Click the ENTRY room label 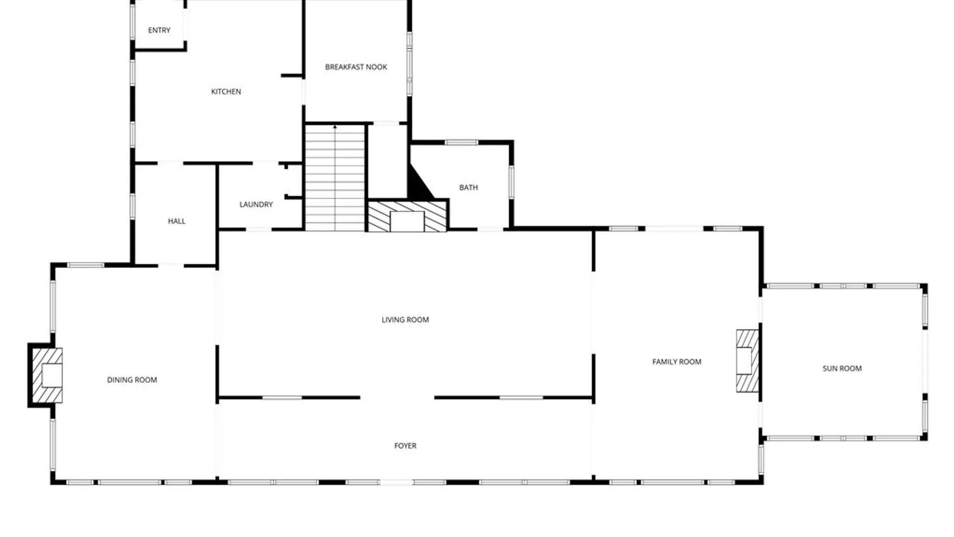coord(159,30)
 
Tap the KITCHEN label coord(226,91)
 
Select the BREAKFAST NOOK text coord(356,67)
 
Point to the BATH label coord(468,187)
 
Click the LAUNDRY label coord(256,204)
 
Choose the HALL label coord(176,221)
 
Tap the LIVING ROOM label coord(405,320)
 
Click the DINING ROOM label coord(132,380)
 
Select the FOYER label coord(405,446)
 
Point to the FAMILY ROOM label coord(676,362)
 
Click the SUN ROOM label coord(842,368)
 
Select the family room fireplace coord(747,360)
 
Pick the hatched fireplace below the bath coord(407,216)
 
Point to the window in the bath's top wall coord(461,143)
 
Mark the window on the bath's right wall coord(511,182)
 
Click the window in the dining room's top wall coord(85,265)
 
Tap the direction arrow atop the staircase coord(335,128)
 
